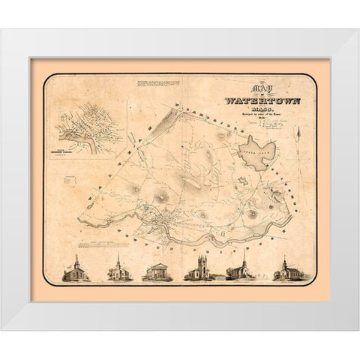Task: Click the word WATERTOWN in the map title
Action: pyautogui.click(x=252, y=100)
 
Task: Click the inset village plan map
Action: pyautogui.click(x=88, y=127)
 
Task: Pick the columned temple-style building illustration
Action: pyautogui.click(x=157, y=271)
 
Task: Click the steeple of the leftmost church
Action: pyautogui.click(x=76, y=259)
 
